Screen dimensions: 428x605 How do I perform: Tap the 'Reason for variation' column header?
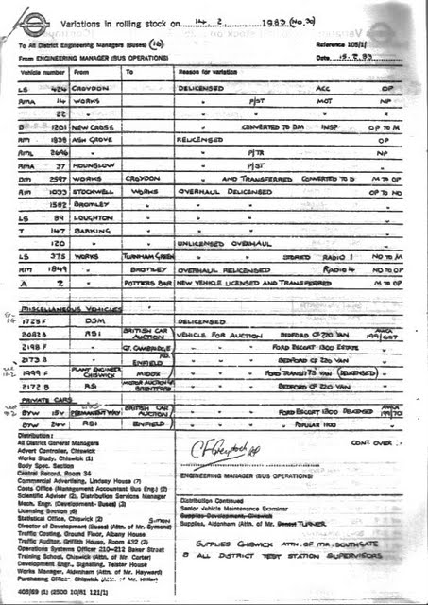(x=207, y=71)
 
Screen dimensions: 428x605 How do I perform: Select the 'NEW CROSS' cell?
(x=93, y=126)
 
